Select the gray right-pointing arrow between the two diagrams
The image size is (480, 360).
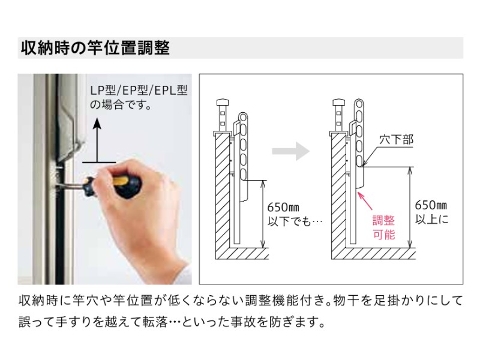(291, 151)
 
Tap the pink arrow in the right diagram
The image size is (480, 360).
(364, 197)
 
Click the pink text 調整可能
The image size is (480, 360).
(384, 227)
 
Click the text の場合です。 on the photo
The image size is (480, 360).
(120, 105)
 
